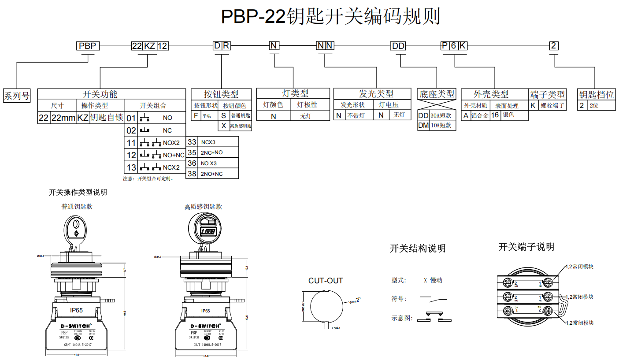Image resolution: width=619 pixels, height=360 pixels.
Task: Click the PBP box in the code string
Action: tap(88, 46)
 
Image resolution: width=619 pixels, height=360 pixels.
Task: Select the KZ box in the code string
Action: tap(150, 46)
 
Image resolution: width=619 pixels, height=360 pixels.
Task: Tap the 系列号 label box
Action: tap(17, 95)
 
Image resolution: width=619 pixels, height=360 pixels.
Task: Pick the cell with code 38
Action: tap(192, 174)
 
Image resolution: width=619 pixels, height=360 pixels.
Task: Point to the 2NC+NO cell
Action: tap(212, 152)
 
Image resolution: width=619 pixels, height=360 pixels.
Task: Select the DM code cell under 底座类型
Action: tap(423, 125)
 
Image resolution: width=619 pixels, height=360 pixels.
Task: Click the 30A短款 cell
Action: tap(441, 115)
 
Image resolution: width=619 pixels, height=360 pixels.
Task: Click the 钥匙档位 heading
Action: tap(596, 94)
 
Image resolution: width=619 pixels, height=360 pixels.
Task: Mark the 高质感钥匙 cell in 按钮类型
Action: tap(240, 126)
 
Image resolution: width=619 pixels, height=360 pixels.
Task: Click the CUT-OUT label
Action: tap(325, 281)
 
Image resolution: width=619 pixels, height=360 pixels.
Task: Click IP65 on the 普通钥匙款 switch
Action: tap(76, 310)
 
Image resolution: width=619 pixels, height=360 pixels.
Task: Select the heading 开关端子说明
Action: tap(526, 247)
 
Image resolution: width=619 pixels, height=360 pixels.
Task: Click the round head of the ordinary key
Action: tap(75, 228)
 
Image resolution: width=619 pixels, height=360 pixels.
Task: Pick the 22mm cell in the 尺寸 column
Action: tap(63, 118)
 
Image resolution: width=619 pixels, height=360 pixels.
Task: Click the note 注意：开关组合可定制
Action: tap(148, 178)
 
